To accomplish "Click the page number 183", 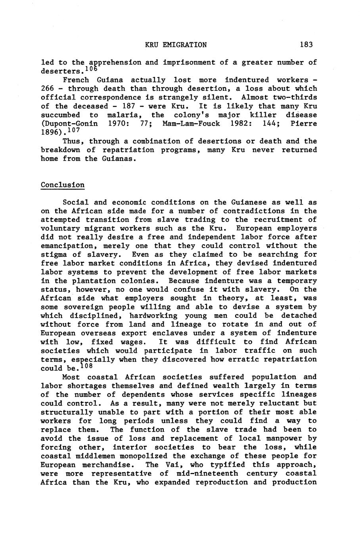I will pos(306,45).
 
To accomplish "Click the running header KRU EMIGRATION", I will pos(176,45).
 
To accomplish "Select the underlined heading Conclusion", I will pos(63,185).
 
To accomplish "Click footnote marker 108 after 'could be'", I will pos(86,366).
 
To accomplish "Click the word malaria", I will pos(123,115).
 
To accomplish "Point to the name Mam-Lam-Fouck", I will pos(191,124).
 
